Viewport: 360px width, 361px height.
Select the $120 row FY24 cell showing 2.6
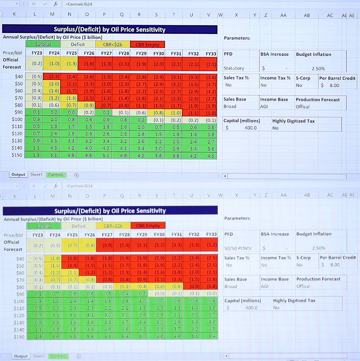(54, 134)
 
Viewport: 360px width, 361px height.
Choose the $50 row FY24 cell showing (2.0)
(54, 84)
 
